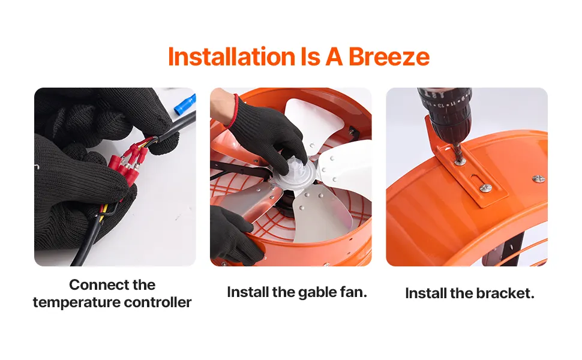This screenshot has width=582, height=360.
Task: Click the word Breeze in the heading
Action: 389,57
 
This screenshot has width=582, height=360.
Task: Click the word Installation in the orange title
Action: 232,57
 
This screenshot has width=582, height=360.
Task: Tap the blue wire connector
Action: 185,104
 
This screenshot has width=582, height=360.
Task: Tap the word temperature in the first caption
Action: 76,302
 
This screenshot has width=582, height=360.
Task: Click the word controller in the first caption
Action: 158,302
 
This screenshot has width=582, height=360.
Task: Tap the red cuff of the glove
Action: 234,110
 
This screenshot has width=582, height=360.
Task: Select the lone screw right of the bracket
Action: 539,179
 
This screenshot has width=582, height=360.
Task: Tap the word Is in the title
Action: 311,57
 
